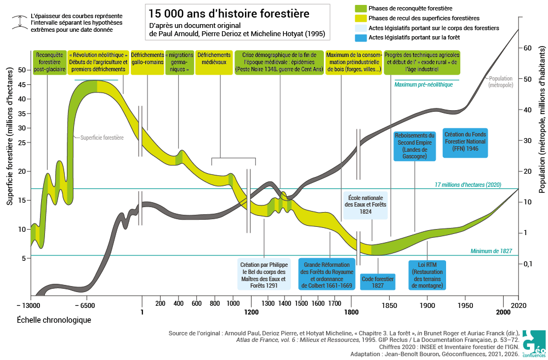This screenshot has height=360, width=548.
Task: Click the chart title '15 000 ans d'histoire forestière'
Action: [229, 14]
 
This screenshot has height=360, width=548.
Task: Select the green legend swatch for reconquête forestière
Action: [361, 8]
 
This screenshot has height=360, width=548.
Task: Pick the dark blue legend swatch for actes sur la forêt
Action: [361, 37]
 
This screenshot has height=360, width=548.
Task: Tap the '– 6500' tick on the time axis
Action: [85, 305]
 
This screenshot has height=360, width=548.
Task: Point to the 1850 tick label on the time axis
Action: [389, 305]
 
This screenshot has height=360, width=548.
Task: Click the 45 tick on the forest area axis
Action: [22, 84]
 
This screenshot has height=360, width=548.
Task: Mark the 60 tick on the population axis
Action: [527, 48]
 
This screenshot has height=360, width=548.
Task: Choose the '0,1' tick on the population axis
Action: [528, 264]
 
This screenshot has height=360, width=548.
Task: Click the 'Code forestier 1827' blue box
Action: [378, 282]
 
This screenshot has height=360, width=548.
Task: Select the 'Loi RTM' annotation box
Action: [427, 275]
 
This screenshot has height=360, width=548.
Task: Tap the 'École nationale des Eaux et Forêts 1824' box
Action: [365, 205]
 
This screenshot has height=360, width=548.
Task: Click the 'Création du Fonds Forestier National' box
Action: [465, 141]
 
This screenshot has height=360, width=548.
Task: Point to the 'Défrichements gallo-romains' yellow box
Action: [147, 62]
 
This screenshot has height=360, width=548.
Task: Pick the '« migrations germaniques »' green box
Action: [179, 62]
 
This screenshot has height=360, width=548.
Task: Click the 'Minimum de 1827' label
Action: [491, 251]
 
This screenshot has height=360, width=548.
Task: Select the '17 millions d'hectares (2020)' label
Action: [468, 185]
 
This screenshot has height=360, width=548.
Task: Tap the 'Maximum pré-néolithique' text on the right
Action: [424, 84]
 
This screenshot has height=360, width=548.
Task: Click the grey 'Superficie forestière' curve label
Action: [102, 138]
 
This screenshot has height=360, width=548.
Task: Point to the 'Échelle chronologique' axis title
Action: [54, 320]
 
